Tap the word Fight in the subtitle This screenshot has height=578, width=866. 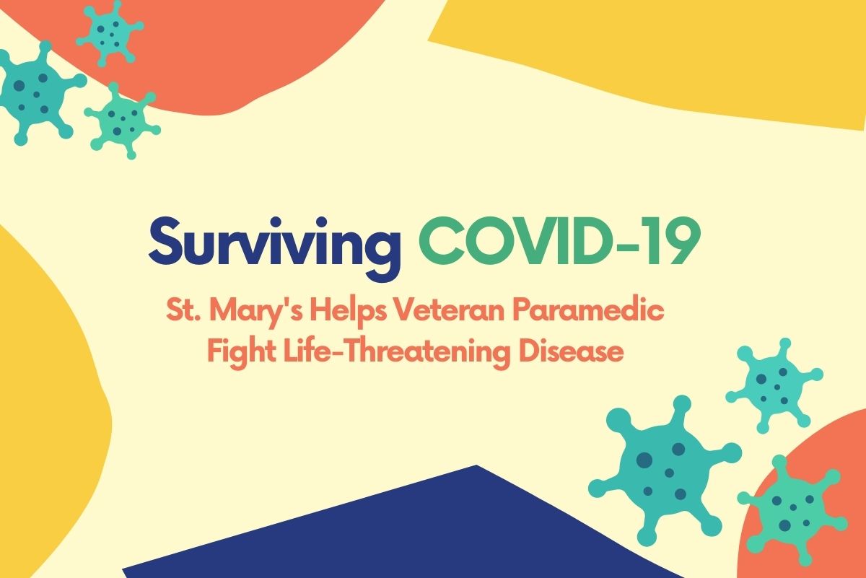tap(235, 354)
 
